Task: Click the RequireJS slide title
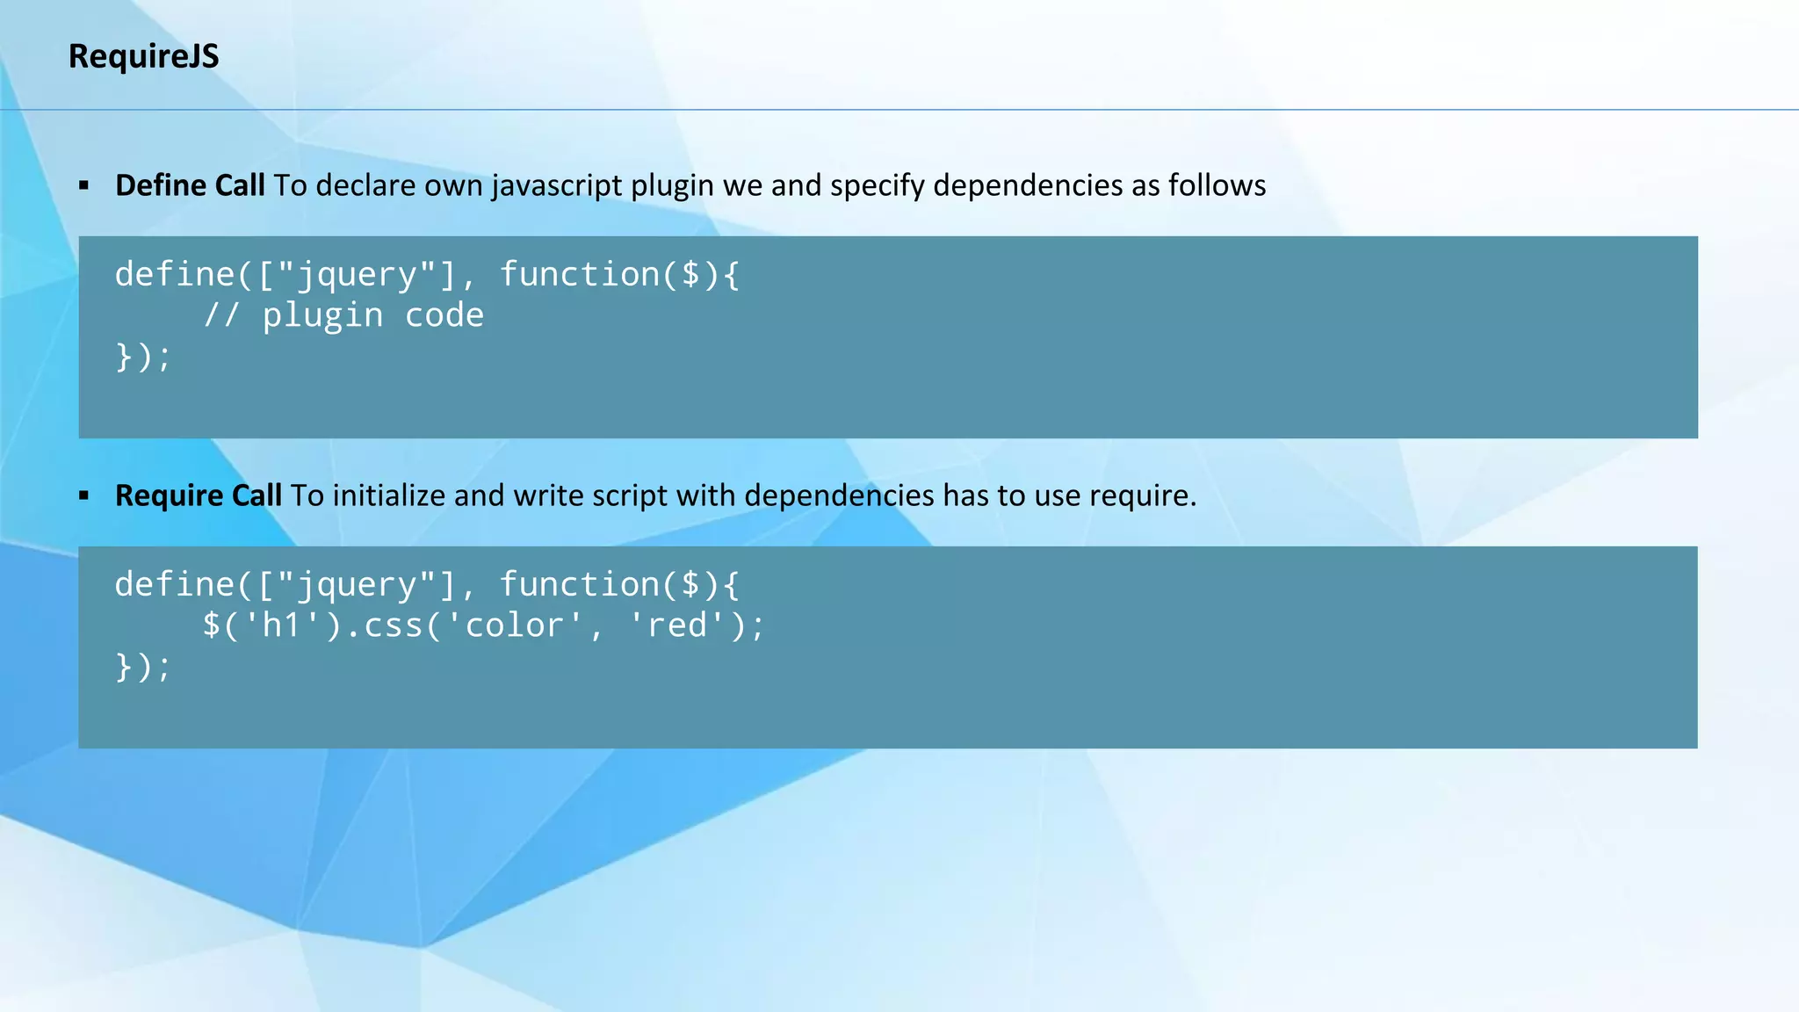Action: point(143,56)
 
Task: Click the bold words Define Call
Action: point(190,185)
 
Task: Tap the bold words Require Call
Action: point(199,495)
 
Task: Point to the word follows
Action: point(1217,185)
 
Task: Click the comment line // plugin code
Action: point(343,315)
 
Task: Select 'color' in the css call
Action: point(515,625)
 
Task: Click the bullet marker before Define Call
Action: point(84,185)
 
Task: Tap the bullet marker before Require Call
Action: point(84,495)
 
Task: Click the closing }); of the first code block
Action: point(143,357)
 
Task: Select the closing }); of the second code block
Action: point(143,667)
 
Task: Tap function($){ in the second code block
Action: point(619,584)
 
